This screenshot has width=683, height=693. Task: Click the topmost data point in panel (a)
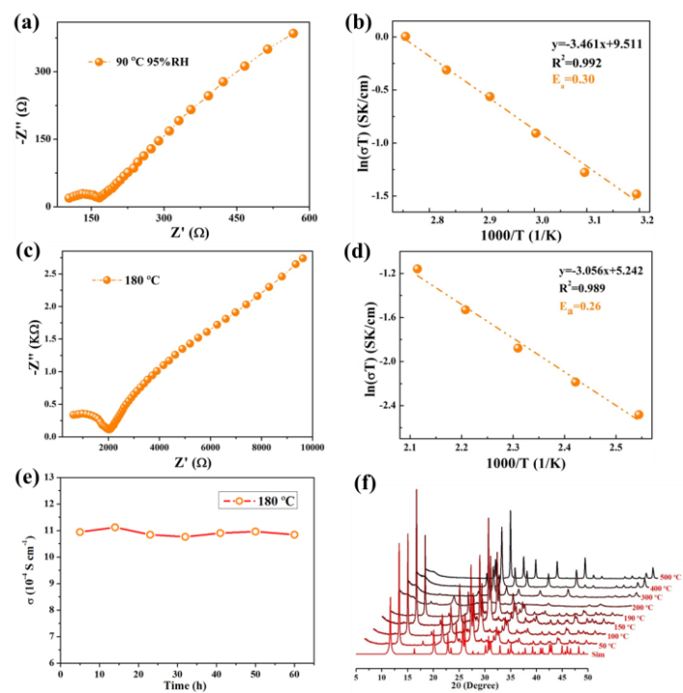click(293, 34)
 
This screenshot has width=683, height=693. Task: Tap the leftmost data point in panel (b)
click(405, 37)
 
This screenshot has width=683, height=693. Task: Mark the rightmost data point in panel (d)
click(638, 414)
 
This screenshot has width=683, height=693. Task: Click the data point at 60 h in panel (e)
click(293, 534)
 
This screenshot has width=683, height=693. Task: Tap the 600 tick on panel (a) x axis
click(309, 219)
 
